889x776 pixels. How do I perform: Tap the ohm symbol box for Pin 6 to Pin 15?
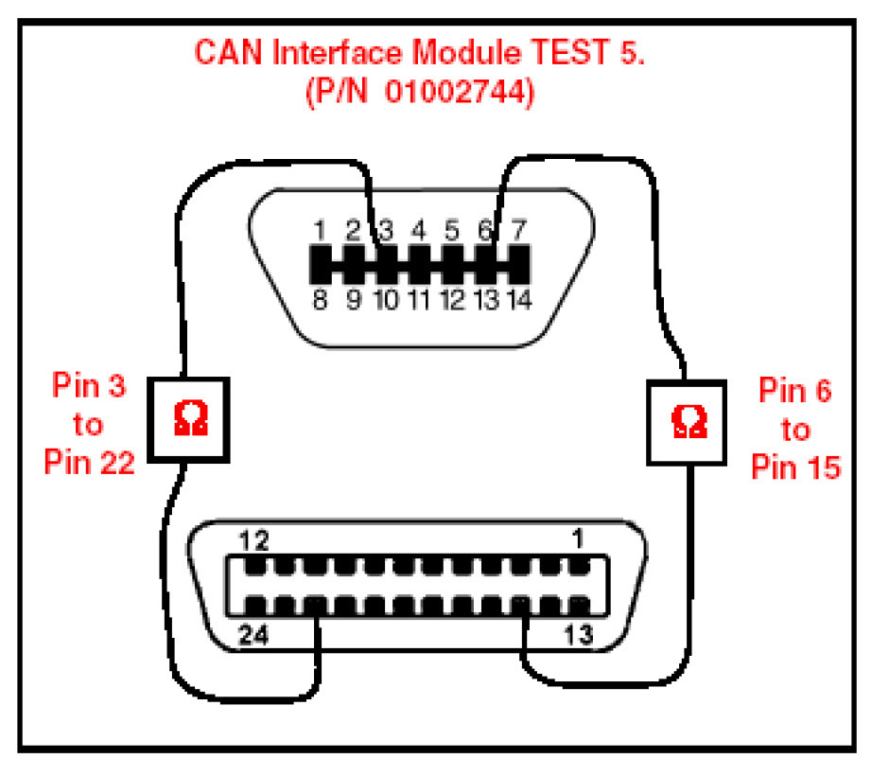pyautogui.click(x=685, y=421)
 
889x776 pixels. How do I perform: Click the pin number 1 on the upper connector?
pyautogui.click(x=321, y=230)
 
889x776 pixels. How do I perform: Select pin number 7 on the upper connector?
pyautogui.click(x=517, y=230)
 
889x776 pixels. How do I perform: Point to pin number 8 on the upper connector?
pyautogui.click(x=321, y=301)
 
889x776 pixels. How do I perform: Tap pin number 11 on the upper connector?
pyautogui.click(x=419, y=301)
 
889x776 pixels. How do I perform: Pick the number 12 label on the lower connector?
pyautogui.click(x=254, y=542)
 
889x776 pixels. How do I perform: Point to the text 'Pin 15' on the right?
pyautogui.click(x=795, y=466)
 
